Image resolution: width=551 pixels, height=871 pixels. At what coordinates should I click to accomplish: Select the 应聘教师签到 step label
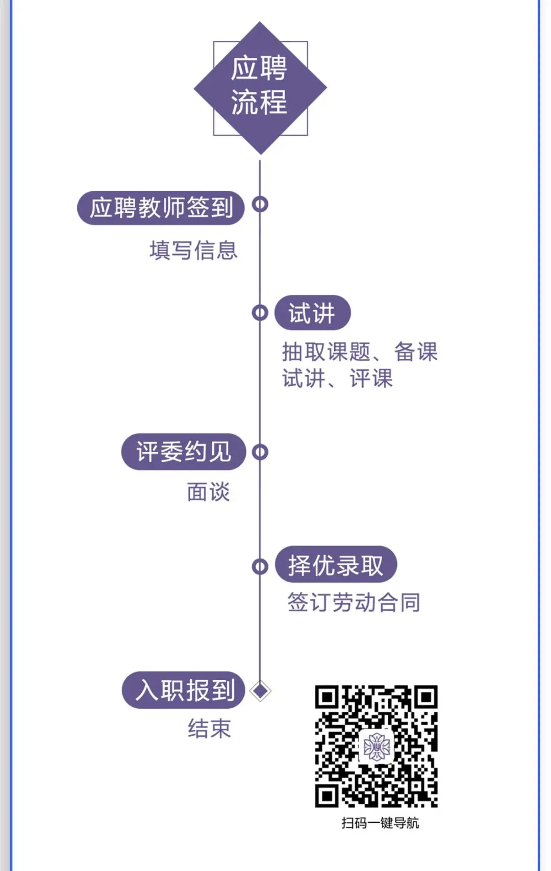tap(161, 208)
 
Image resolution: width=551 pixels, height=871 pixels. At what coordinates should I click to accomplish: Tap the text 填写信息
tap(193, 251)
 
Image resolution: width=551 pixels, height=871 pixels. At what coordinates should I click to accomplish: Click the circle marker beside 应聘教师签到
tap(260, 204)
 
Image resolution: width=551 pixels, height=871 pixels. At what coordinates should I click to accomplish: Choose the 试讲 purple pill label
tap(312, 313)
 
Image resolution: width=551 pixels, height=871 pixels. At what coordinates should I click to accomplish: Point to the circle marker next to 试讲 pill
tap(260, 313)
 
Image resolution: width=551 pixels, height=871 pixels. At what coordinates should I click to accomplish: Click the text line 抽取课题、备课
tap(360, 352)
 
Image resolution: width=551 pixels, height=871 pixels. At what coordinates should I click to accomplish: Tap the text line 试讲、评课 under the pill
tap(337, 379)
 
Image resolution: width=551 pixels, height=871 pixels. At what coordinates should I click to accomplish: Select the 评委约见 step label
tap(184, 452)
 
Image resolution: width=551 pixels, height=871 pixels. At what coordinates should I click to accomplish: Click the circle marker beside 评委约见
tap(260, 452)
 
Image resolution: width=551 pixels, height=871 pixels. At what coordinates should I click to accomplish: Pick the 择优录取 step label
tap(336, 565)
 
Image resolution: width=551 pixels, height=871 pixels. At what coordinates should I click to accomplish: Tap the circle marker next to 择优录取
tap(260, 566)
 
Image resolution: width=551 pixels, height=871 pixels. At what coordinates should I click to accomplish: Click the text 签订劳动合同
tap(354, 603)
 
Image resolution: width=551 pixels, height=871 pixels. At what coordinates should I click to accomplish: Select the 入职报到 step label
tap(184, 690)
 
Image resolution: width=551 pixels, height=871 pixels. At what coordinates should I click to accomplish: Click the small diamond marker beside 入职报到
tap(261, 691)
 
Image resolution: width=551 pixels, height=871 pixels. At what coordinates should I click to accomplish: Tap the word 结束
tap(209, 729)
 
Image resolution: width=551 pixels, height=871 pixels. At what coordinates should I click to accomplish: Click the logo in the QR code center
tap(377, 746)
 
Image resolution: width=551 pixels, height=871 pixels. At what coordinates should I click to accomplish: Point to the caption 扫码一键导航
tap(380, 823)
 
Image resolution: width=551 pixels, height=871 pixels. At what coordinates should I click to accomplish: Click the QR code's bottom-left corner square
tap(327, 795)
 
